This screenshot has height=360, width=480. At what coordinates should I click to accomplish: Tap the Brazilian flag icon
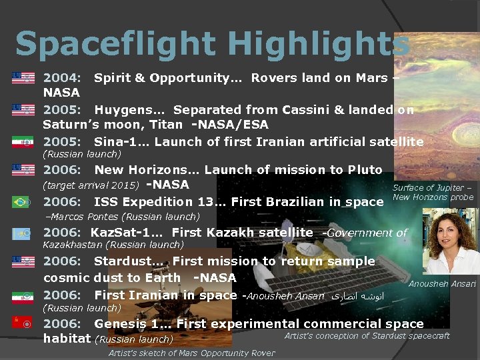(21, 202)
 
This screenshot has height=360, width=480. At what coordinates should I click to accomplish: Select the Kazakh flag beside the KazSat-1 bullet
(21, 233)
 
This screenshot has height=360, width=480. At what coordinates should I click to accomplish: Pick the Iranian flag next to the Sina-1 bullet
(21, 142)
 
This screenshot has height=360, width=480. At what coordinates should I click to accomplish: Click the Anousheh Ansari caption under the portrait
(442, 284)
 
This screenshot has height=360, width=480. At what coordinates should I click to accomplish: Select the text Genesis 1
(127, 324)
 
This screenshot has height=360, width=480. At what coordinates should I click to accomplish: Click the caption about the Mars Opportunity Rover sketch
(191, 353)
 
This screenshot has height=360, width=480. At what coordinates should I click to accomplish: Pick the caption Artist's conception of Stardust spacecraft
(367, 336)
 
